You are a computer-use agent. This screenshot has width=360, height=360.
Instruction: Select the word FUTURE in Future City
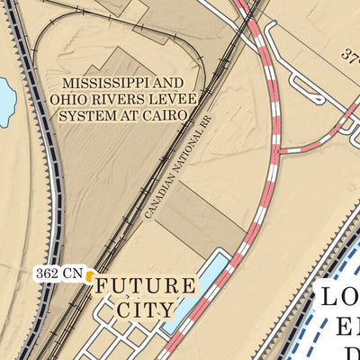145,287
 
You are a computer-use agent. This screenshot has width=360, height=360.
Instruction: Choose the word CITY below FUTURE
145,310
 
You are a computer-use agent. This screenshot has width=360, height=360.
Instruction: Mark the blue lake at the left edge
5,101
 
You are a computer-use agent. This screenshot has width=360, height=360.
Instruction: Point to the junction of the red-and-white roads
277,149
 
